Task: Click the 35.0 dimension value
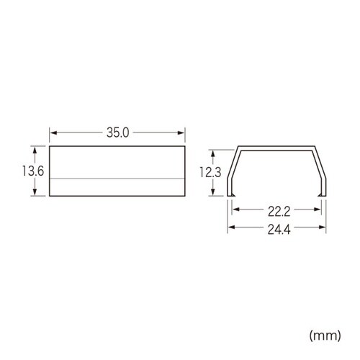point(118,133)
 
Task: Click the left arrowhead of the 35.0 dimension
point(52,133)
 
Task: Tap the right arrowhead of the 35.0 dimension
point(183,133)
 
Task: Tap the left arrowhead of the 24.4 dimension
point(231,228)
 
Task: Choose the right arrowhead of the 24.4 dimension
point(320,228)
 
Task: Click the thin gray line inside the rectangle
point(117,178)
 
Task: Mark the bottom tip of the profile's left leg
point(230,194)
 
